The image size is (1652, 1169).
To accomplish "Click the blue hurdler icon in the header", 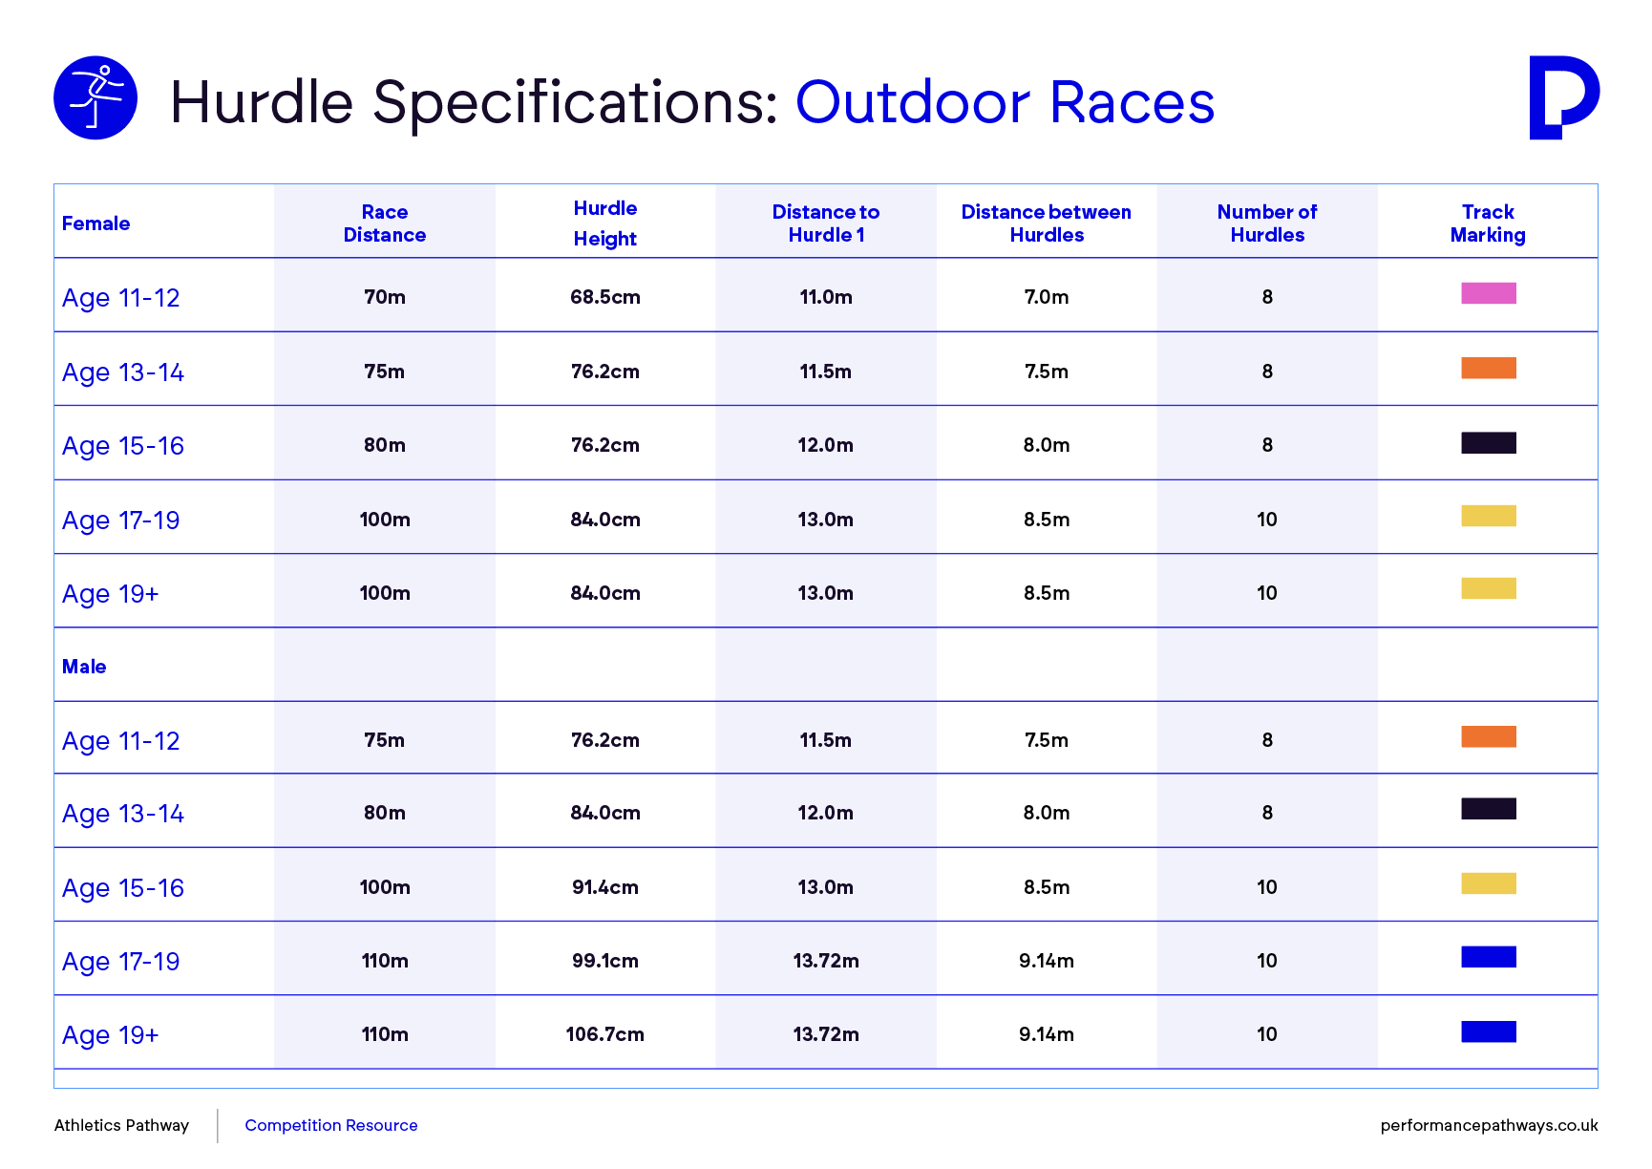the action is click(x=95, y=98).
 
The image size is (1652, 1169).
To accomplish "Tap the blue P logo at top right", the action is click(x=1563, y=97).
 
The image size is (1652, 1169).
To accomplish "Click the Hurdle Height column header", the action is click(x=605, y=223).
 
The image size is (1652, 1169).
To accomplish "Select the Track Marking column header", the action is click(x=1488, y=223).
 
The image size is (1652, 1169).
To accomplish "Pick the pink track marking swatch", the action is click(x=1489, y=293).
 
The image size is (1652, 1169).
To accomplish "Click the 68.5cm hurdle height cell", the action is click(x=605, y=297).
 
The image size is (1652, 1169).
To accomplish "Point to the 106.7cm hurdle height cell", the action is click(x=605, y=1034).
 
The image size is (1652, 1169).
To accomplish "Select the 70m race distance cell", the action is click(x=385, y=297).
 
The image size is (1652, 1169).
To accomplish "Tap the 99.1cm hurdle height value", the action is click(x=605, y=961).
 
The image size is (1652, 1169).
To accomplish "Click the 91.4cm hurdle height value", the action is click(x=605, y=887).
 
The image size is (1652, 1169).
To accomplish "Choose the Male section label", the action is click(x=84, y=667).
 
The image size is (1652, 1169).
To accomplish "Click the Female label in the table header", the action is click(x=96, y=223).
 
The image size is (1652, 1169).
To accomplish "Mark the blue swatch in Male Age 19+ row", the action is click(x=1489, y=1031).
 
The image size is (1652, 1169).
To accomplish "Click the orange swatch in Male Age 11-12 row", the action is click(x=1489, y=736).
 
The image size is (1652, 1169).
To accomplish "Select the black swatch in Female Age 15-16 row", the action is click(x=1489, y=442).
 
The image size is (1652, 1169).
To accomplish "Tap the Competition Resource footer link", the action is click(x=331, y=1125).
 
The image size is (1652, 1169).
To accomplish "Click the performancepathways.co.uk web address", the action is click(x=1489, y=1126).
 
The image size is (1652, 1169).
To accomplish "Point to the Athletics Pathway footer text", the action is click(x=121, y=1125).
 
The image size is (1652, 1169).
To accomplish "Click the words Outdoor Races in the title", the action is click(x=1005, y=102).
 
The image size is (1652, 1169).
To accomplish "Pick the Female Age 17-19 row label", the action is click(x=120, y=521).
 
